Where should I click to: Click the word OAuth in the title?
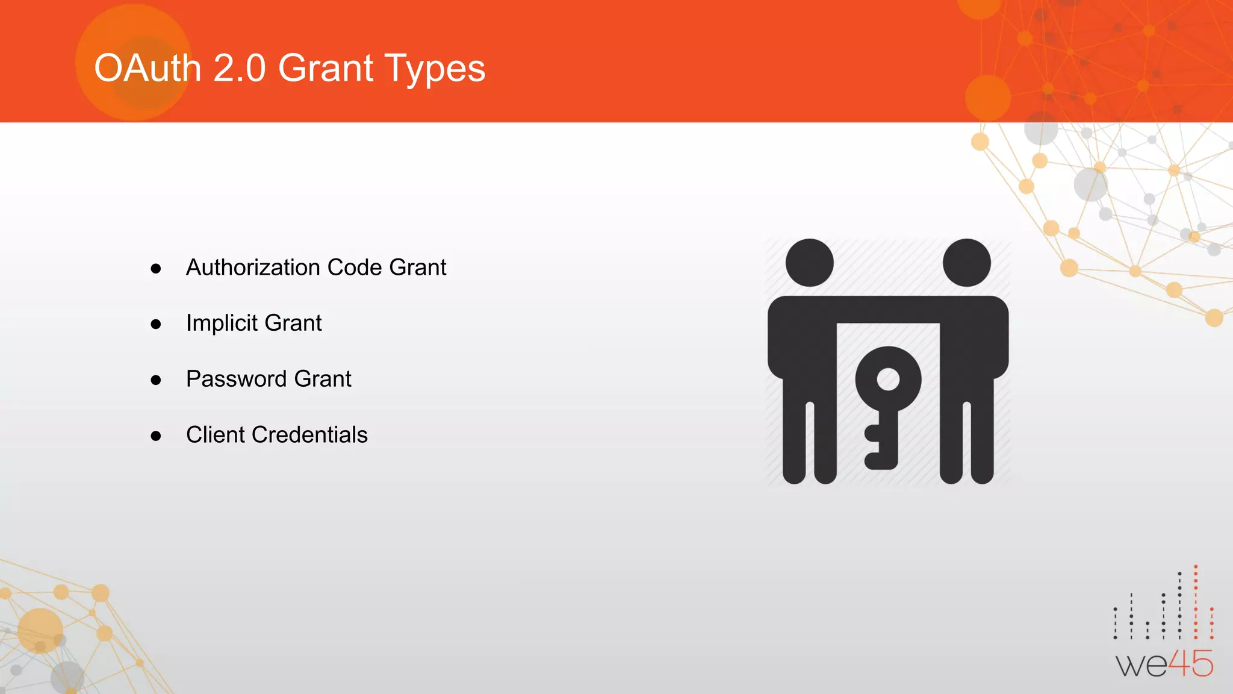148,68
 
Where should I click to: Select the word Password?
236,379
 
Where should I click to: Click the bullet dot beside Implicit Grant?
156,325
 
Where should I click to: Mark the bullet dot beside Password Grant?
156,380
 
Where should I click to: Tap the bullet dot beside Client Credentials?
156,436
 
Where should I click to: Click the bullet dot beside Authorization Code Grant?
156,269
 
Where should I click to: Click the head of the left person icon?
810,263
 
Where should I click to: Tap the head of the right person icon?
967,263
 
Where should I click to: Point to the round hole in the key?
888,380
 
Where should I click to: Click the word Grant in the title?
326,68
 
